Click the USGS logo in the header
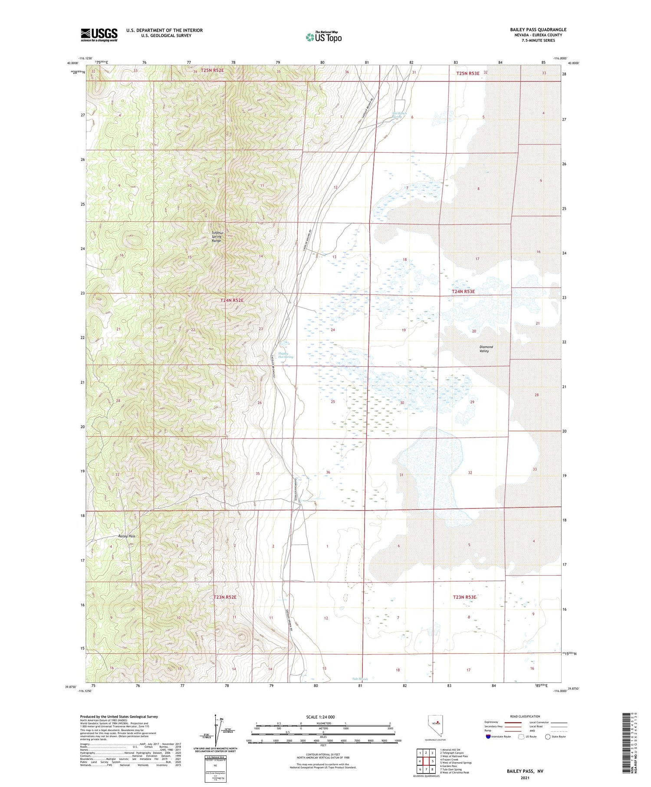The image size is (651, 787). point(99,35)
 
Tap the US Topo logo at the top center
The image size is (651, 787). point(324,37)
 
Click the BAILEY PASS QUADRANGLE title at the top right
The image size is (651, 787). point(538,30)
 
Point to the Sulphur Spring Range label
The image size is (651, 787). point(216,237)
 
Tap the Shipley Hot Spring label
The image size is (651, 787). point(285,355)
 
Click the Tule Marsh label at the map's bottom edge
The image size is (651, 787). point(360,679)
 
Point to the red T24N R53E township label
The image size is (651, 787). point(463,292)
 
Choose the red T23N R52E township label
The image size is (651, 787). point(225,597)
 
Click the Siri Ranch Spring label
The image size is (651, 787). point(399,115)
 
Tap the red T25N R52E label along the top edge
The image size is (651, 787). point(212,70)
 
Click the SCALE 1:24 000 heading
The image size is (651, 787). point(320,717)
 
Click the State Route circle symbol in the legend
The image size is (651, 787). point(548,737)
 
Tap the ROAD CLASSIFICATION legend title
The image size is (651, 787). point(525,716)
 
